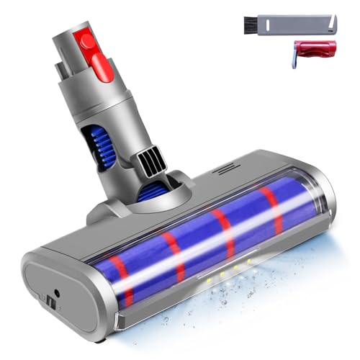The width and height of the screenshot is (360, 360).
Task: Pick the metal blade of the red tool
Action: [x=296, y=59]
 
